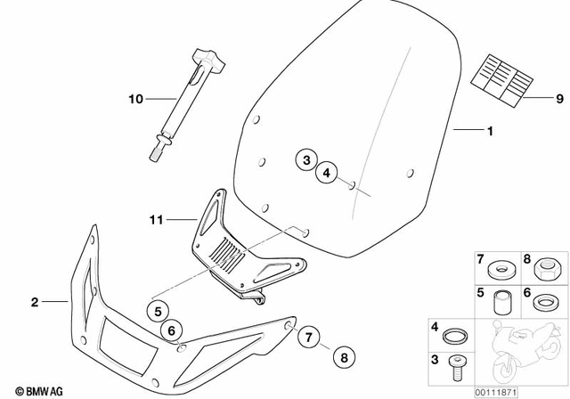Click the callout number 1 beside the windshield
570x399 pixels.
pyautogui.click(x=488, y=131)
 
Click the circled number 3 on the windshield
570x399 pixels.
pyautogui.click(x=305, y=160)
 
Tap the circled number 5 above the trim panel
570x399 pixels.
pyautogui.click(x=157, y=313)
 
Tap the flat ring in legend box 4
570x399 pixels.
pyautogui.click(x=454, y=336)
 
